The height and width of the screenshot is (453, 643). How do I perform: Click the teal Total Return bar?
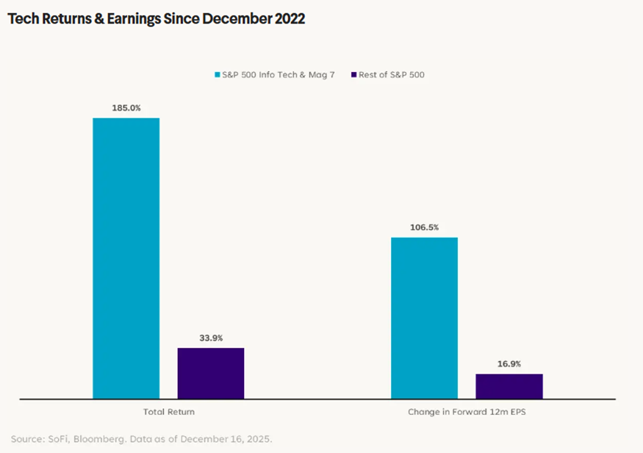126,258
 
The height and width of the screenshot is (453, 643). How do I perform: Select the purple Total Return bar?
211,373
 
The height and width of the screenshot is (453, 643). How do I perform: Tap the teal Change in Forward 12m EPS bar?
424,318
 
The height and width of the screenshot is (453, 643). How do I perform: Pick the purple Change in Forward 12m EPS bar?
509,386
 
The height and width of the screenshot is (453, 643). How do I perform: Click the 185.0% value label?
126,107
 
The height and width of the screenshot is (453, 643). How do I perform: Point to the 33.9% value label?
211,338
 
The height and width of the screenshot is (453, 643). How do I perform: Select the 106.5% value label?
425,227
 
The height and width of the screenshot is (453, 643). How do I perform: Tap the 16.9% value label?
509,363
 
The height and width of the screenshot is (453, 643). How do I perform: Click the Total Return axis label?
168,412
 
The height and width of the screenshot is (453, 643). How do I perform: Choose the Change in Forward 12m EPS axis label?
467,412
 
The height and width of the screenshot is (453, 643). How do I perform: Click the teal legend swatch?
218,74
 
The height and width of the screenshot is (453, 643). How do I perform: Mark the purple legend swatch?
354,74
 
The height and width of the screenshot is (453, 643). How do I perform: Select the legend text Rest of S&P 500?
392,74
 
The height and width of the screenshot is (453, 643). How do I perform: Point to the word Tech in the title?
21,19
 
